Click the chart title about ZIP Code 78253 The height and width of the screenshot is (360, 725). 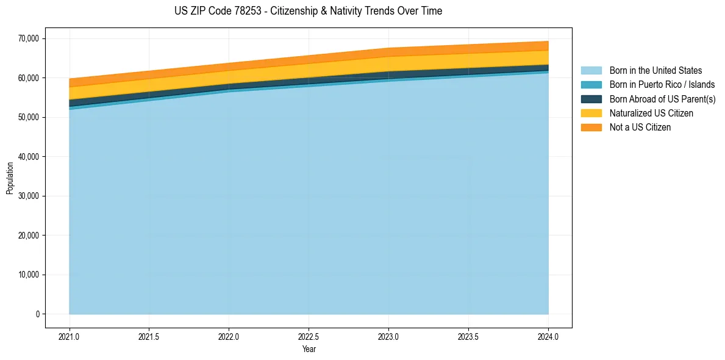(308, 11)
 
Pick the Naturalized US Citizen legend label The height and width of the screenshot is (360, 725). (651, 113)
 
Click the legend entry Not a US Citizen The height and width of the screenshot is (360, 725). (640, 127)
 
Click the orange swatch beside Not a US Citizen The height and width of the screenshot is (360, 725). (591, 127)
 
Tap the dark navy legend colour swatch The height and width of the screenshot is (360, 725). (591, 99)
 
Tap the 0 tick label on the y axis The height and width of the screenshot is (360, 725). (37, 314)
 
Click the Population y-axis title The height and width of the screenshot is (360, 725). (10, 178)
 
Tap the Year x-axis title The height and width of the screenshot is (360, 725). (309, 349)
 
